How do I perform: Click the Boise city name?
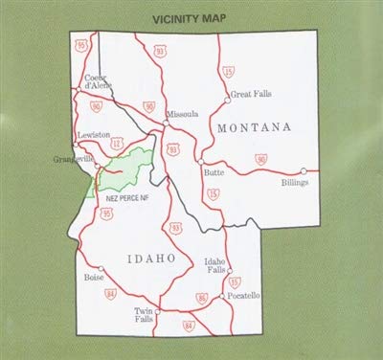tap(94, 280)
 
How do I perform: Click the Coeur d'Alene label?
tap(99, 82)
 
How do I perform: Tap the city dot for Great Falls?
tap(227, 97)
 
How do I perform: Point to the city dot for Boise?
tap(101, 269)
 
